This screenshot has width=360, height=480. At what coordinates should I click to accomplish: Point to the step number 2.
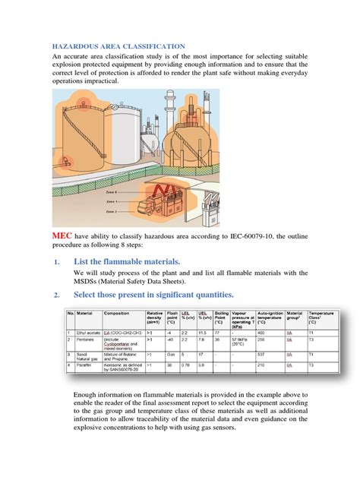[56, 295]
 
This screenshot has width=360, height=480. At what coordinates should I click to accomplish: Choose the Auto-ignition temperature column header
[271, 316]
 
